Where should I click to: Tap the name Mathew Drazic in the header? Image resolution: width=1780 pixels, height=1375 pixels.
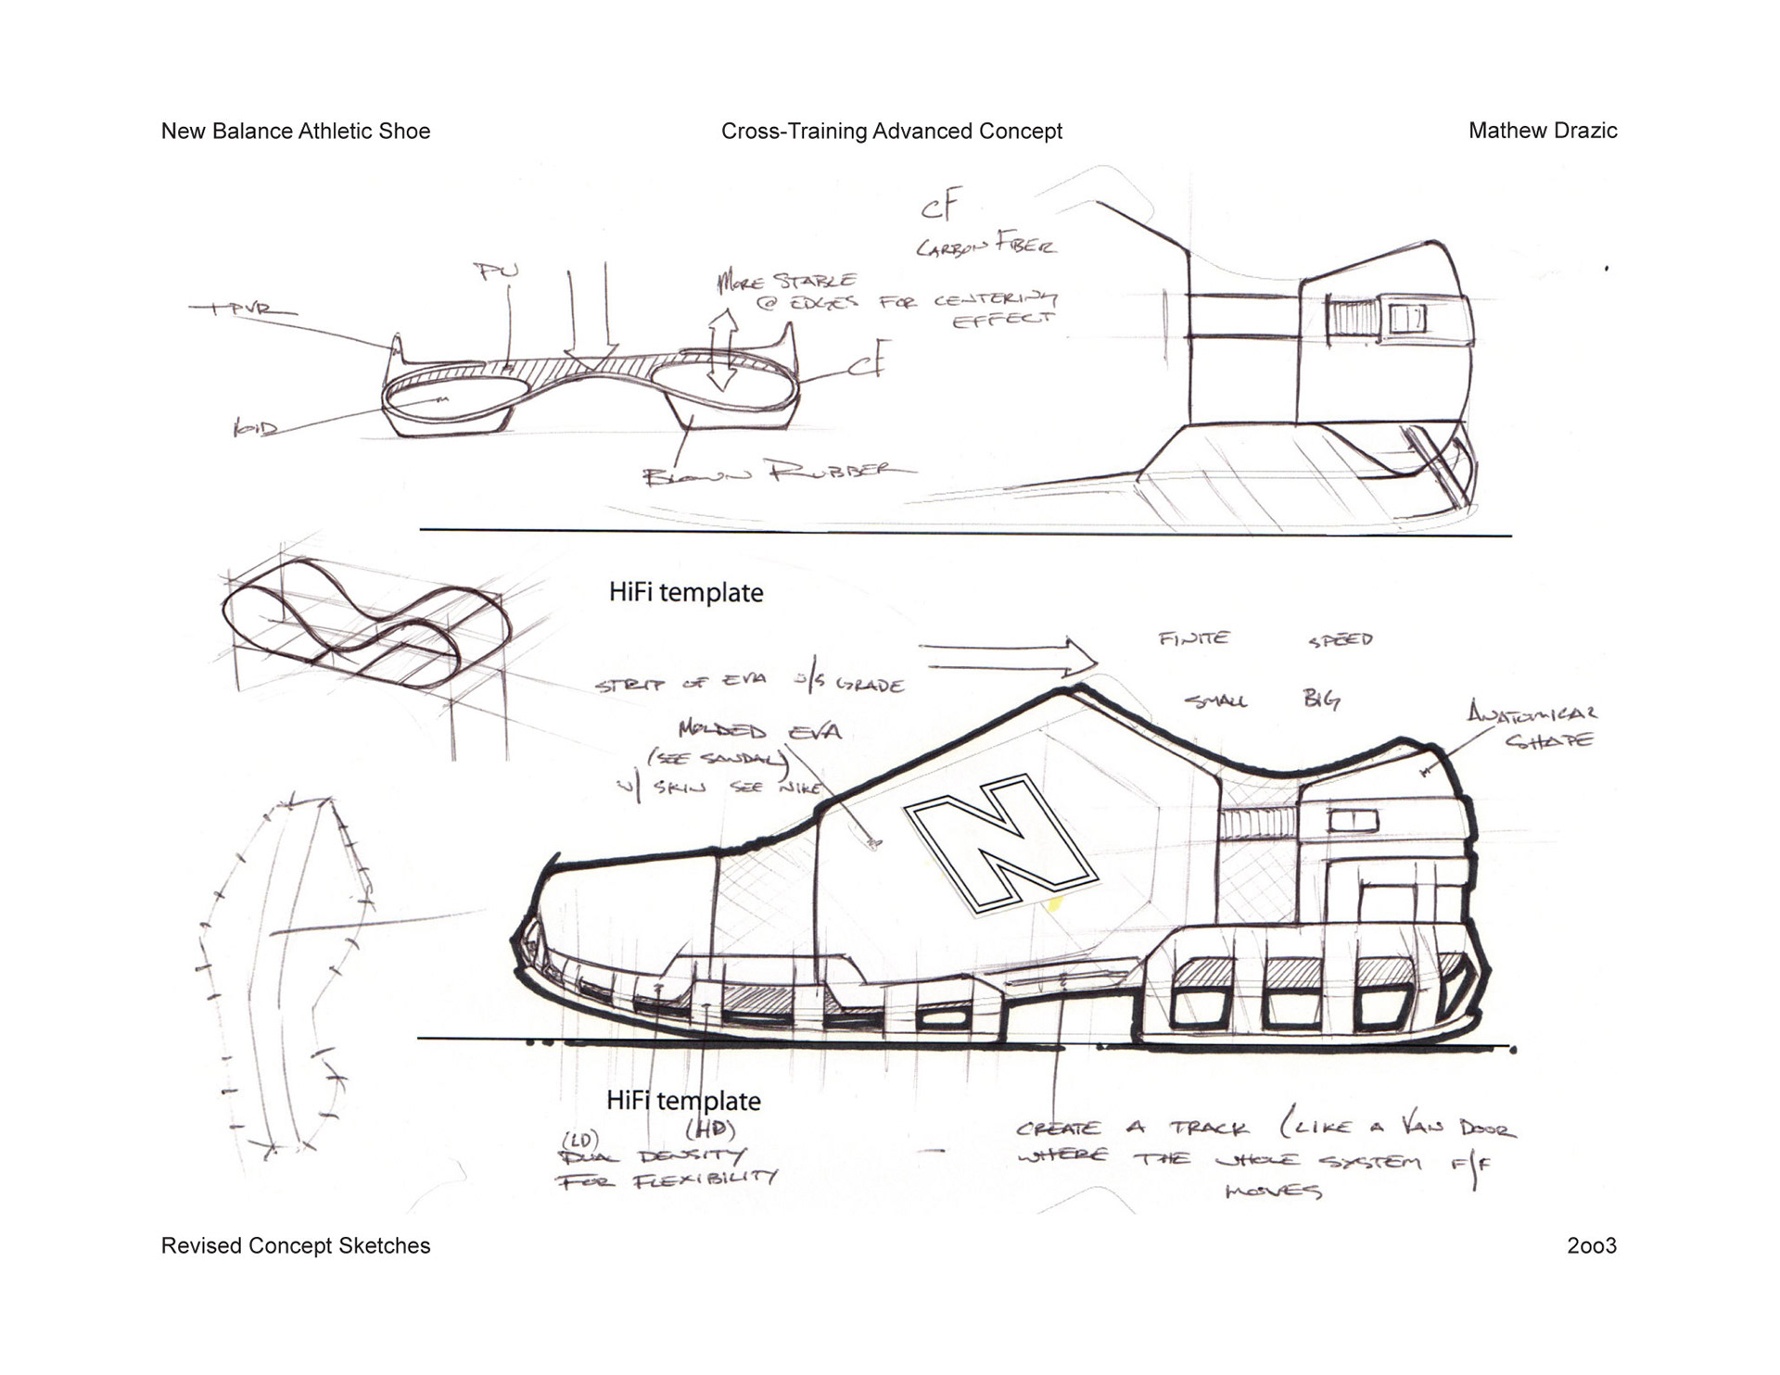tap(1542, 131)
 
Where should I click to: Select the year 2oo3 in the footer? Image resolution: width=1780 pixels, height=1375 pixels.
tap(1591, 1245)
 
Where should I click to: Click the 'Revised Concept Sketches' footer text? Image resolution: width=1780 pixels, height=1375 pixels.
tap(296, 1245)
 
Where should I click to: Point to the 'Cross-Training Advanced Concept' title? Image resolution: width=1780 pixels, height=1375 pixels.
tap(891, 131)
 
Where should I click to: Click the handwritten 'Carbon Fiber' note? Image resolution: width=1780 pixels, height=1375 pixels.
tap(985, 245)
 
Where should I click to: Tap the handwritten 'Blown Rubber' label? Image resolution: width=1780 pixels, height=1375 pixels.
tap(779, 473)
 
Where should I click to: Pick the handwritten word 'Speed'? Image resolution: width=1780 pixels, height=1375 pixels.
tap(1340, 639)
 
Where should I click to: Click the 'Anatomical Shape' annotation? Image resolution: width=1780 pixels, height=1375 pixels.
tap(1532, 725)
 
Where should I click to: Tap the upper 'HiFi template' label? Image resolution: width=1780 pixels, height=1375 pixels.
tap(686, 592)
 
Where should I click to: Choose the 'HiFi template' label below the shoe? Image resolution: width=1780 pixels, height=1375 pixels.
tap(683, 1101)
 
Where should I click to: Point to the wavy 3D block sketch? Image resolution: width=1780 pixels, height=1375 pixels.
tap(366, 621)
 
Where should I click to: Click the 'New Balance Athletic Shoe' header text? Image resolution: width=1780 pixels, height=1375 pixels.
tap(296, 131)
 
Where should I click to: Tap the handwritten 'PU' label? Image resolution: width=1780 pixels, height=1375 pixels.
tap(496, 271)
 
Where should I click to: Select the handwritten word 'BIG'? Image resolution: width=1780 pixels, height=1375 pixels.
tap(1320, 699)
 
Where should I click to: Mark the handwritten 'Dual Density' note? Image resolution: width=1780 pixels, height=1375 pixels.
tap(649, 1155)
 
